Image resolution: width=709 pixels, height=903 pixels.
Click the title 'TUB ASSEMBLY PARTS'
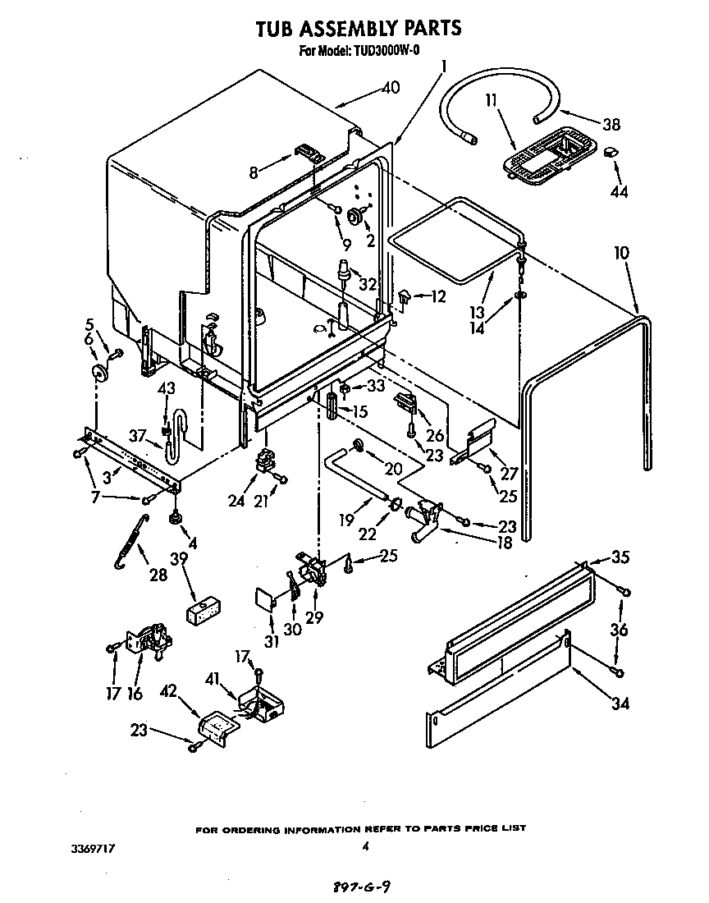coord(358,29)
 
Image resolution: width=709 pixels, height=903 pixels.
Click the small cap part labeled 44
coord(611,153)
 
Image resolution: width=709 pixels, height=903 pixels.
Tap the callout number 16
coord(135,694)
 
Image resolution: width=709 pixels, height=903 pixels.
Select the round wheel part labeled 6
coord(101,374)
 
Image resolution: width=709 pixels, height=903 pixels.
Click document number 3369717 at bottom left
coord(92,851)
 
